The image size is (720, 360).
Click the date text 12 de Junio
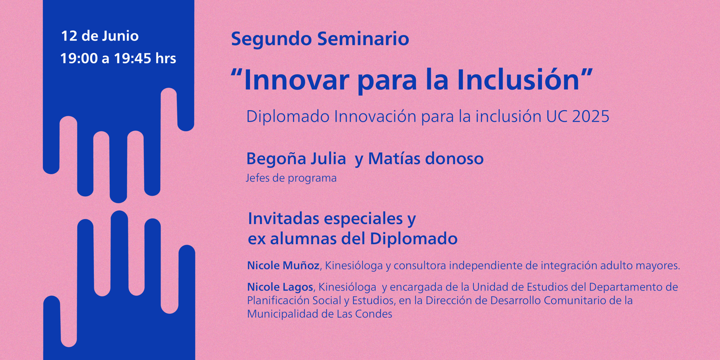(x=100, y=36)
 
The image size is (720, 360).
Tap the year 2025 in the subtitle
(x=591, y=116)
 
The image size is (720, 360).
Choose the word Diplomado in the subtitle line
(x=288, y=116)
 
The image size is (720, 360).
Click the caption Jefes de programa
(x=291, y=178)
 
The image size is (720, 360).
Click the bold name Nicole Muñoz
(x=283, y=265)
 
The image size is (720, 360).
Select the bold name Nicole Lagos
(x=280, y=287)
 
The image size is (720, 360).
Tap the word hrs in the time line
(x=166, y=58)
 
